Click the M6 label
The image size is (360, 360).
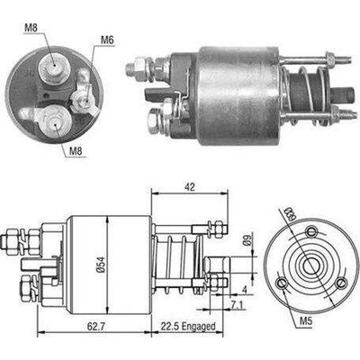107,40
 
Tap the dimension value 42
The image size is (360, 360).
190,187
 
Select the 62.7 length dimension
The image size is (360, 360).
94,326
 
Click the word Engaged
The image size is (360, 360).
199,326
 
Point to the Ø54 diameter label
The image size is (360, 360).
101,265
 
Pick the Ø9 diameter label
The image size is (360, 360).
247,240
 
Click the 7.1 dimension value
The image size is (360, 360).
238,305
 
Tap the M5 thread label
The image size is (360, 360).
306,321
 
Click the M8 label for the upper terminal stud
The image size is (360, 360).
31,28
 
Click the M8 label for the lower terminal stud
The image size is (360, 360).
76,151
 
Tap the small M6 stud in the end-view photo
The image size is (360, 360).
84,100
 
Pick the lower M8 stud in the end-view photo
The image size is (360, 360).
54,121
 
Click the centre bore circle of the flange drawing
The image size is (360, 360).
310,265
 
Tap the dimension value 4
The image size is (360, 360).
245,290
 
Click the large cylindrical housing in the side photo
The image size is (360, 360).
237,95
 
